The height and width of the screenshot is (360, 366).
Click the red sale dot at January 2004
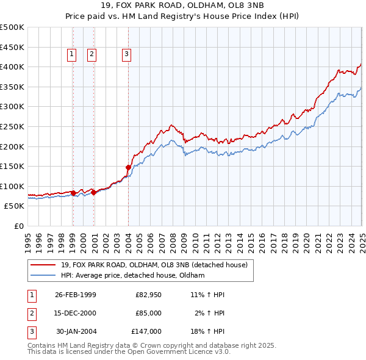pyautogui.click(x=129, y=167)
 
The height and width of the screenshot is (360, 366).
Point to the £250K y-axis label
pyautogui.click(x=12, y=126)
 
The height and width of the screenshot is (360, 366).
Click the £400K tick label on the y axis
pyautogui.click(x=12, y=67)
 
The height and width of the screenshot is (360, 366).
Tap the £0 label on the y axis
pyautogui.click(x=19, y=226)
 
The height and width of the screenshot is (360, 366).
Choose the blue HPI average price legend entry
pyautogui.click(x=132, y=276)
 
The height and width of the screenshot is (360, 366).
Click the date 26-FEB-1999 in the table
pyautogui.click(x=76, y=295)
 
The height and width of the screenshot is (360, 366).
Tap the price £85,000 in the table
pyautogui.click(x=148, y=313)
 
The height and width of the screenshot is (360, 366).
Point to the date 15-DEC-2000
pyautogui.click(x=76, y=313)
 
